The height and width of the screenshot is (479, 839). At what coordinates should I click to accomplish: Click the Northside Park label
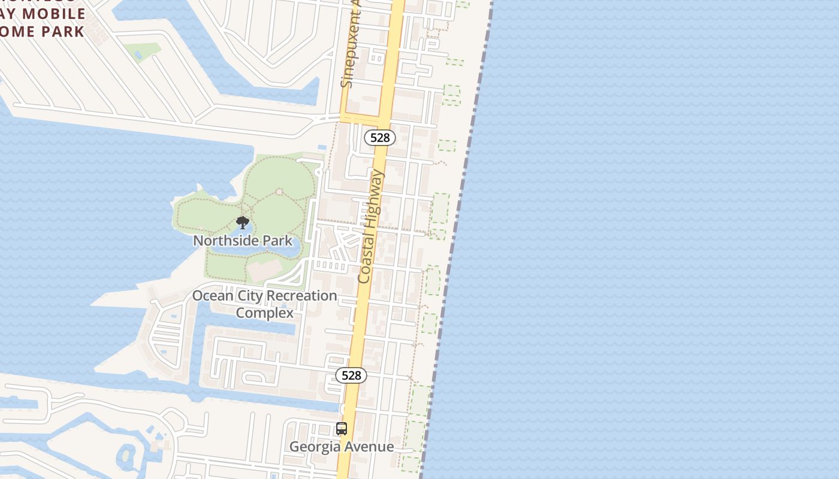243,241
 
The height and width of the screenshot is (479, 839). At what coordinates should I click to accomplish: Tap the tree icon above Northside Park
243,223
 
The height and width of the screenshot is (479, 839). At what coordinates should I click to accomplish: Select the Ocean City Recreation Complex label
264,304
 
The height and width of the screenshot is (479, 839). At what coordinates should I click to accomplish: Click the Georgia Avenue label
342,447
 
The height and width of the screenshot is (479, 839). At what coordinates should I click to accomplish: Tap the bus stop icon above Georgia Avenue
342,429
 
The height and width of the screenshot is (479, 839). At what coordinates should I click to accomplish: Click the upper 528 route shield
380,138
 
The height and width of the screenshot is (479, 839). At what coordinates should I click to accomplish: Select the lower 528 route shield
351,375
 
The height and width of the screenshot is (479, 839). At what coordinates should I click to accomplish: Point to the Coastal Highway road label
371,226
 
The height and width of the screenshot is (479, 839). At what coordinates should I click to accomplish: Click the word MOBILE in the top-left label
55,13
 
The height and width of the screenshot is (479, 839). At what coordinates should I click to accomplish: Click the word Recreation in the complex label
301,296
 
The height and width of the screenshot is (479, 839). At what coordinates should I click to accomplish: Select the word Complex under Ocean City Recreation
264,313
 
